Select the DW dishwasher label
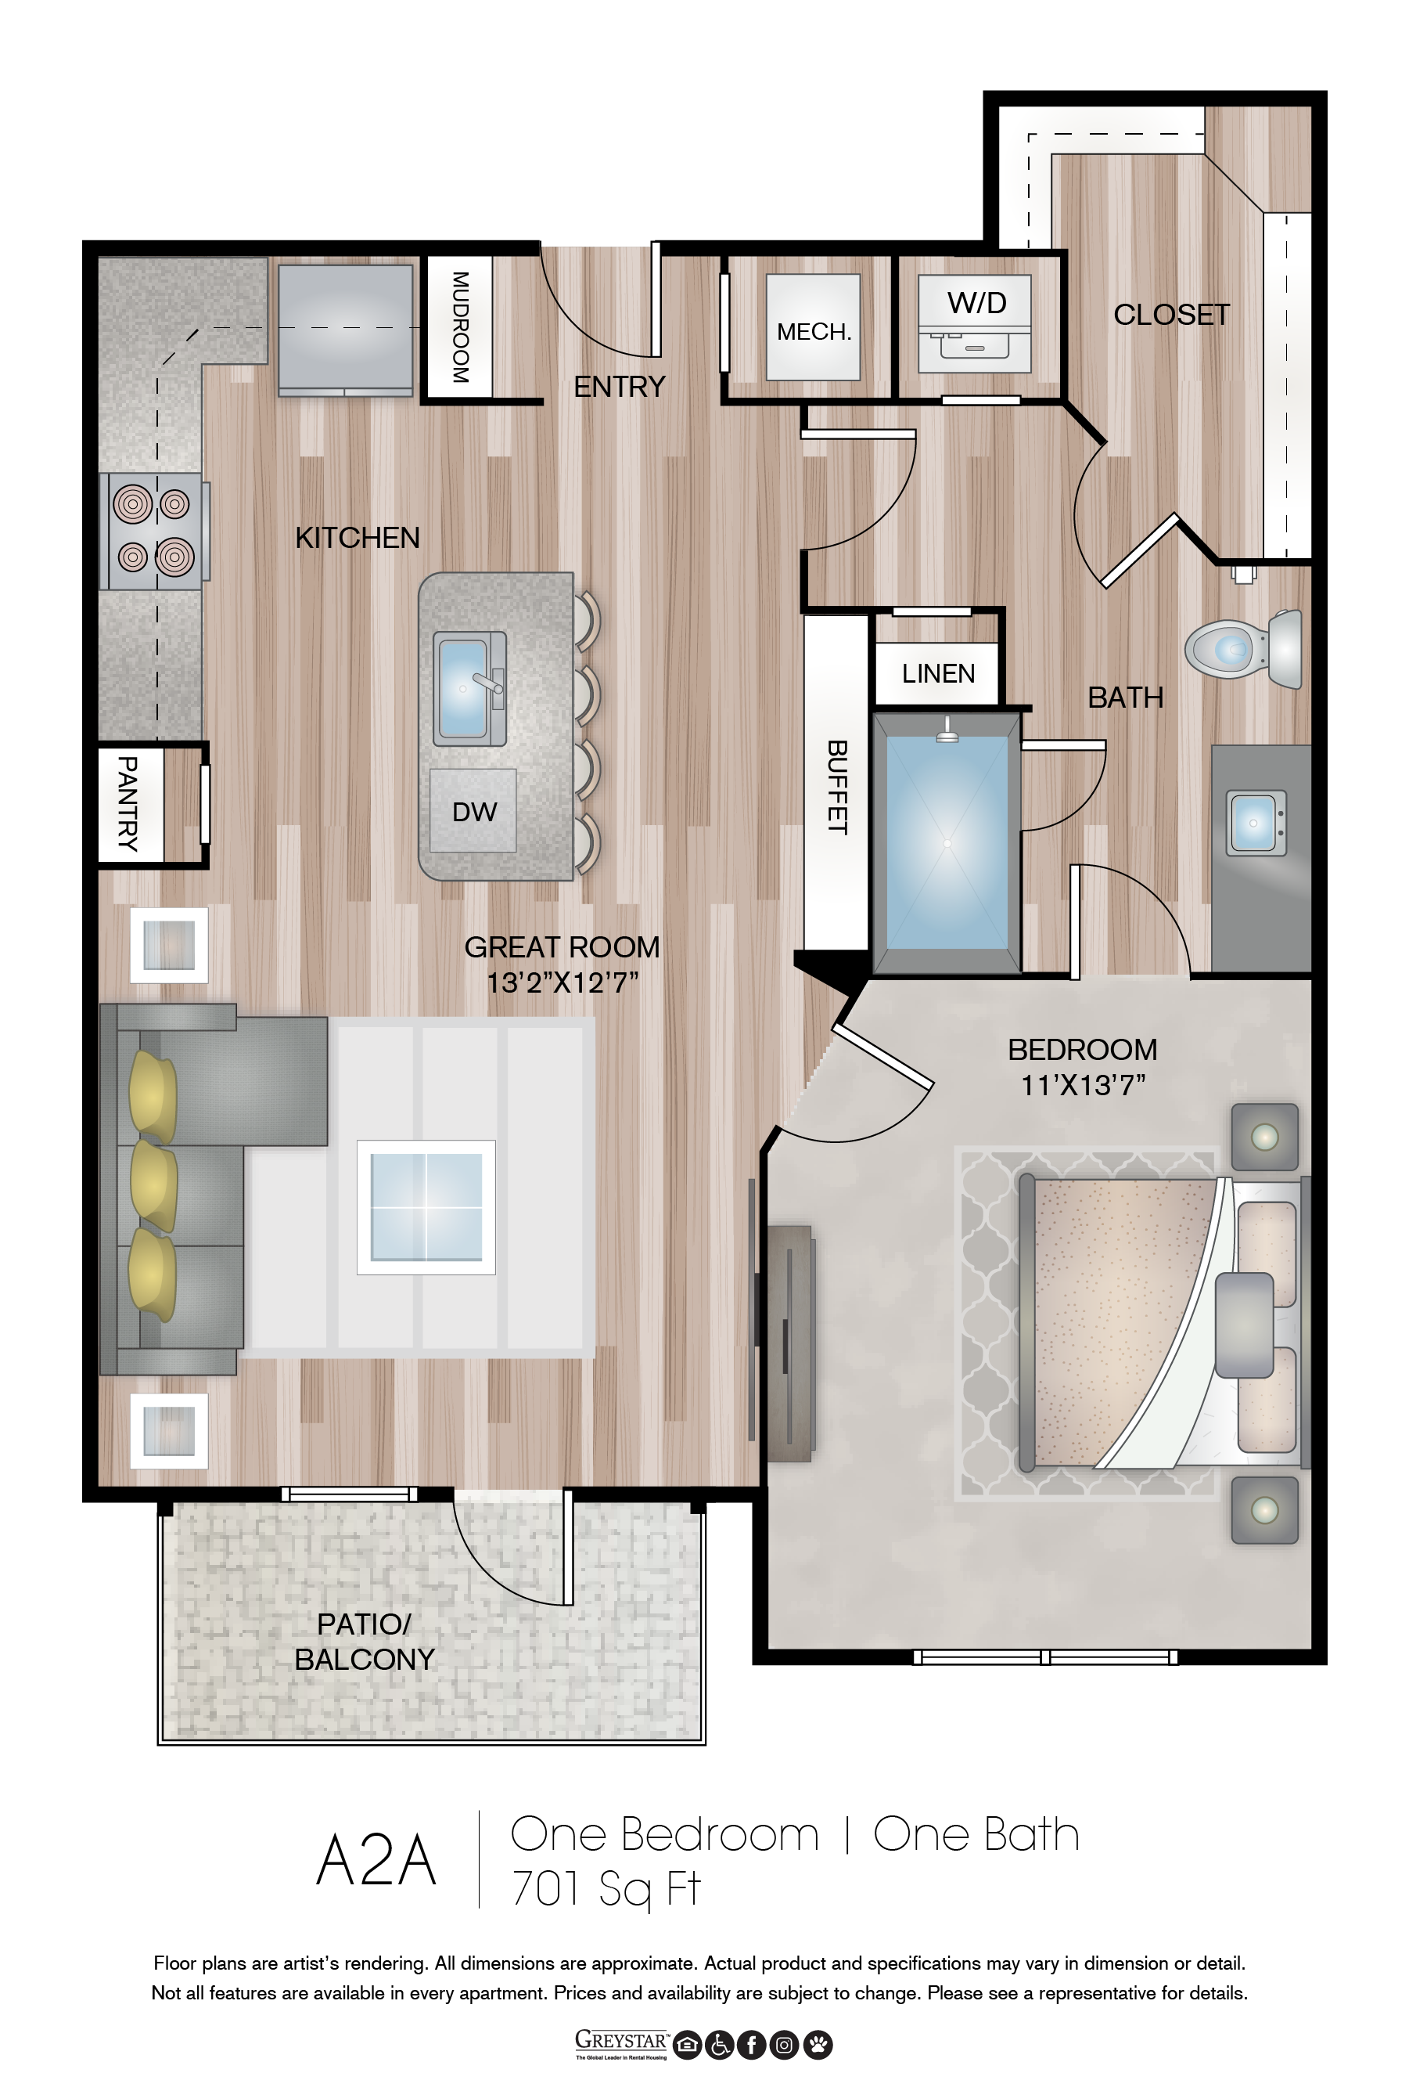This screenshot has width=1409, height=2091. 473,812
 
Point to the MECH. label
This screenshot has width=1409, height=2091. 813,332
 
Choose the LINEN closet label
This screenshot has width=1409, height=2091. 938,673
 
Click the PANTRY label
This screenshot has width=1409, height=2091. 128,804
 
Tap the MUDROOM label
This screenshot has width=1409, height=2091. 460,327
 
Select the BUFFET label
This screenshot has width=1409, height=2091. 836,787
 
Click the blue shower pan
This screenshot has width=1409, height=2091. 947,842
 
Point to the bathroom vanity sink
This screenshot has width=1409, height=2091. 1256,823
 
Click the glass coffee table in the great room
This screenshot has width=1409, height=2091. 426,1207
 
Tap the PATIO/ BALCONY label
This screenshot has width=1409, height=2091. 364,1641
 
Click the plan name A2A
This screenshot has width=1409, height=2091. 376,1860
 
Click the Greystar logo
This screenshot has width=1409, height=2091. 622,2044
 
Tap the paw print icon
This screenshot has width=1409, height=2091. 818,2045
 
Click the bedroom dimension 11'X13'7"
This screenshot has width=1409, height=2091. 1083,1085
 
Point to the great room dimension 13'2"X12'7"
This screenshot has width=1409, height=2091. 563,982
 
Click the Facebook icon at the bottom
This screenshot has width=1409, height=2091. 752,2045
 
